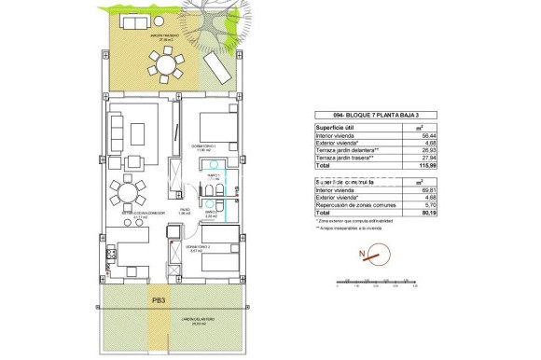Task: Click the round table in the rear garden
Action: click(169, 67)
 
